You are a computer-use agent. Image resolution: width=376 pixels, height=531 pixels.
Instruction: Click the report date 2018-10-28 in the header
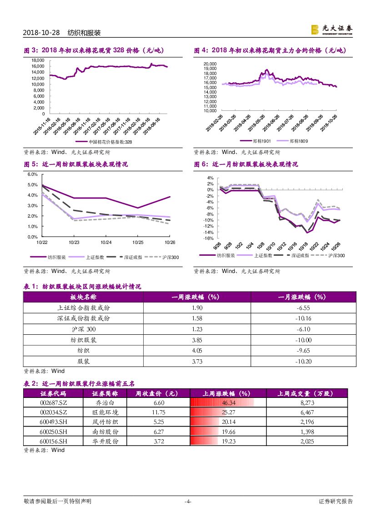[41, 33]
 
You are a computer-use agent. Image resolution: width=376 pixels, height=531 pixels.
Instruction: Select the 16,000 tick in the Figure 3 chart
[38, 66]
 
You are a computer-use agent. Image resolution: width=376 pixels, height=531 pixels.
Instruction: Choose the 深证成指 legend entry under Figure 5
[133, 257]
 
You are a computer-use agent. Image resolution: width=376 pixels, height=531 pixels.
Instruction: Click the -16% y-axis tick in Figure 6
[210, 238]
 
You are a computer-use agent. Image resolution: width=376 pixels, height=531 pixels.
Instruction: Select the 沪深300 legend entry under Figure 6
[336, 256]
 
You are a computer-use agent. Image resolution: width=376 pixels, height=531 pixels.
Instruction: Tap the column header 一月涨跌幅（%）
[303, 297]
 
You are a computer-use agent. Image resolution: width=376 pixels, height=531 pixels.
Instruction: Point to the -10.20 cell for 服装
[303, 362]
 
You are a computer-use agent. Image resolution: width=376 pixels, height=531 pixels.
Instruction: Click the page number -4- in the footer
[188, 501]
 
